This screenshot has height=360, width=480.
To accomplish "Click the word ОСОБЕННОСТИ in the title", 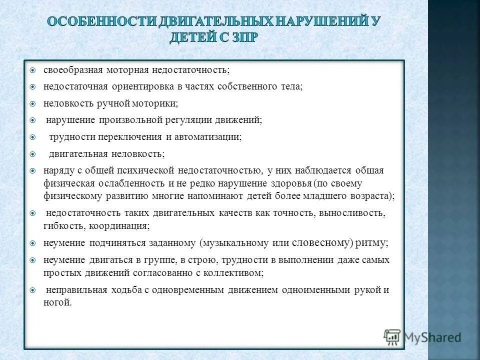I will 94,22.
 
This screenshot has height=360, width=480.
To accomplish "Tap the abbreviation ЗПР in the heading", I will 243,38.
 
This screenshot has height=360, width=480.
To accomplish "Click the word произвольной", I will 131,120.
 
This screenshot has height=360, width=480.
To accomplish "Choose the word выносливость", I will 351,213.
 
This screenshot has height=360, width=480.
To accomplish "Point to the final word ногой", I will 57,303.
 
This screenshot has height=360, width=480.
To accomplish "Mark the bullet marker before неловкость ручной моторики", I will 32,103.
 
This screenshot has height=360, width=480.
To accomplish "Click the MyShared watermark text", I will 432,337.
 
